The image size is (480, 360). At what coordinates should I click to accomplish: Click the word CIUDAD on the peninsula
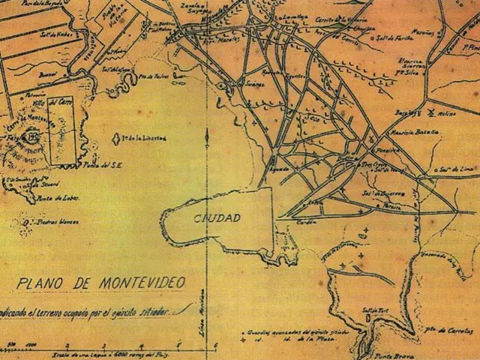[217, 218]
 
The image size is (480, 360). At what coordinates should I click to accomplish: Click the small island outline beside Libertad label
[115, 139]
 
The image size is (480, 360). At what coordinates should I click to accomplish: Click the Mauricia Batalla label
[412, 130]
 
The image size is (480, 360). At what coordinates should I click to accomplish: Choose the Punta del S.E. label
[97, 165]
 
